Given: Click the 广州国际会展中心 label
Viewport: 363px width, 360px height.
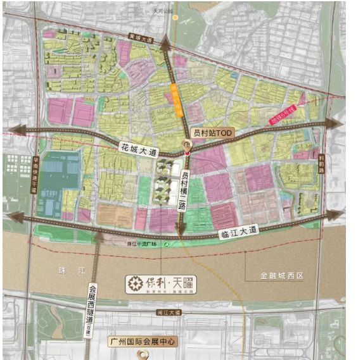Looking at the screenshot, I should click(142, 342).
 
